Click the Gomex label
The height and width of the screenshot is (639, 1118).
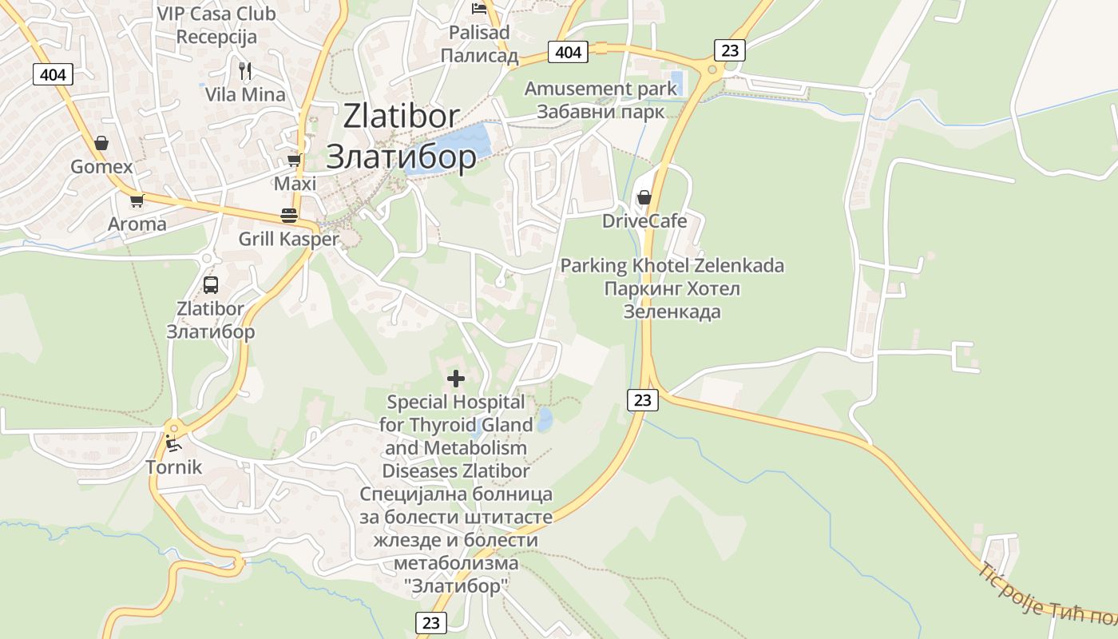pos(101,167)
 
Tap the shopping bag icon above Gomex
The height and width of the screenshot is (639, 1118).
pos(101,144)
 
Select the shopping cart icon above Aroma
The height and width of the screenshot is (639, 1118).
pos(137,200)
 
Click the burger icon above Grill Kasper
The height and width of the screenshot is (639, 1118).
pos(289,216)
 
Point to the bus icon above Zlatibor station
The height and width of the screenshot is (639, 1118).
pos(211,285)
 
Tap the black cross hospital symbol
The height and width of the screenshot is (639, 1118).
pos(456,378)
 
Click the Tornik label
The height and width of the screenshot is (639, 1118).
pos(173,466)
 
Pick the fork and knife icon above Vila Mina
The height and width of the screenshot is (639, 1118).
pos(245,71)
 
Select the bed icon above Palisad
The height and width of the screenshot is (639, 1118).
pos(479,9)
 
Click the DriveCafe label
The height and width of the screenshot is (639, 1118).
pos(644,220)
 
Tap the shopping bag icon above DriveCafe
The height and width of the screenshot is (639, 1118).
pos(644,197)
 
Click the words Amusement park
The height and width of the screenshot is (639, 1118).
pos(601,89)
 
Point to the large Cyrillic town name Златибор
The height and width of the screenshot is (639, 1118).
pos(402,157)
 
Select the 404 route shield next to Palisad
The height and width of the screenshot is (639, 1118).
pos(568,53)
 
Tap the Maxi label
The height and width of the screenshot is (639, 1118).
pos(295,184)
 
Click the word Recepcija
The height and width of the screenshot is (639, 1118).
pos(216,37)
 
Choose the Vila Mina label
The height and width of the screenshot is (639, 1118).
pos(245,94)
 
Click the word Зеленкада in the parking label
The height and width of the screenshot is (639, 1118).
pos(672,312)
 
